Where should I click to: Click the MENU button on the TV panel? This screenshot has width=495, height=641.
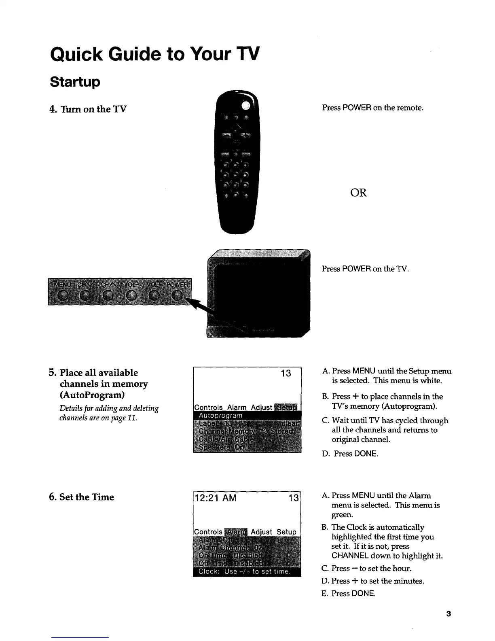63,296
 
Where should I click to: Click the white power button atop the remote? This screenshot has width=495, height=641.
246,106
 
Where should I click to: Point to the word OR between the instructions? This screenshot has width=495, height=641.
358,193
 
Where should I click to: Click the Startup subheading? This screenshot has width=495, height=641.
75,82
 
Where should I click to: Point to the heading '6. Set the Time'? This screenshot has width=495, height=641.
81,497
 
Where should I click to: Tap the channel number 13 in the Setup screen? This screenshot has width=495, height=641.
286,373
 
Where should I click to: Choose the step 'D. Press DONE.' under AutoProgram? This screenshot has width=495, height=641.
350,454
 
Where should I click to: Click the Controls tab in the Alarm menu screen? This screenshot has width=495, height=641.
209,531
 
